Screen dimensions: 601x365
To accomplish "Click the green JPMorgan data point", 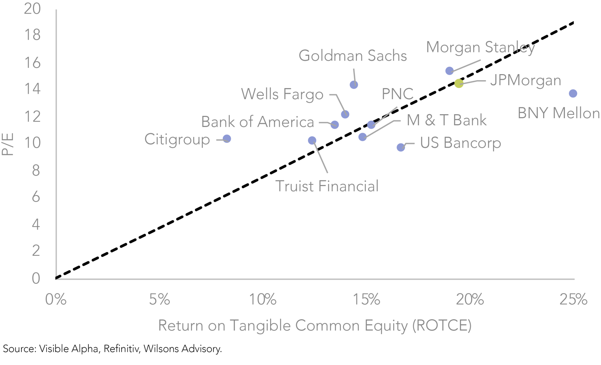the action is tap(459, 83).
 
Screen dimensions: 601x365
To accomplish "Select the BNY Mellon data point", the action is tap(573, 94).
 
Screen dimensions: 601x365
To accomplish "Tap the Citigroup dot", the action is tap(227, 139).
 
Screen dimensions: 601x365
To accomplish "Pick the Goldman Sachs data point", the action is tap(354, 85).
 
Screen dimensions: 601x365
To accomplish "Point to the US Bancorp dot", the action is tap(401, 147).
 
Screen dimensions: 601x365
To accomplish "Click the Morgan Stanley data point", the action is tap(449, 71).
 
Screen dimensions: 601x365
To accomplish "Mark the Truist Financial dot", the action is tap(312, 141).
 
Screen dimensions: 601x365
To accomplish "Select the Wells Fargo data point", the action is tap(345, 115).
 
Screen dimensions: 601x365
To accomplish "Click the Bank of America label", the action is tap(257, 122).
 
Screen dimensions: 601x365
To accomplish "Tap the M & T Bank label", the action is tap(447, 120).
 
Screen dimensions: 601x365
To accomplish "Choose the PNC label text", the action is tap(398, 94).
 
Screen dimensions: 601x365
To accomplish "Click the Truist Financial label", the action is tap(327, 186).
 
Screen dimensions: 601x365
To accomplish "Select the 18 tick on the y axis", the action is tap(32, 35).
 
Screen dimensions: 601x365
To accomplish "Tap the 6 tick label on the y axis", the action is tap(36, 197).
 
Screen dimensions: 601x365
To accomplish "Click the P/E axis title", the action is tap(8, 144).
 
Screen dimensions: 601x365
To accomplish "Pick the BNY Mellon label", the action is tap(559, 113).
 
